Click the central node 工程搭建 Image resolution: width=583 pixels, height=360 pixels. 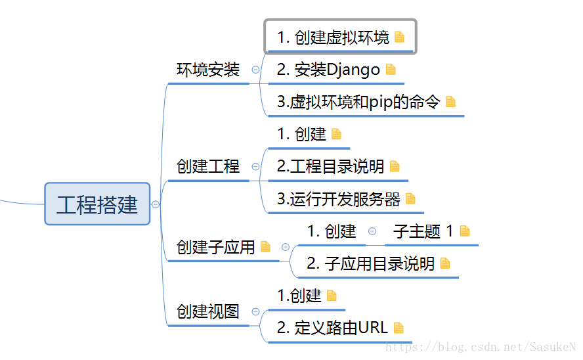click(x=97, y=204)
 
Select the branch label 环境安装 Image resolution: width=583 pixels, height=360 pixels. click(x=208, y=70)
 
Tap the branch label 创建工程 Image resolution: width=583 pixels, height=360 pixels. click(x=208, y=166)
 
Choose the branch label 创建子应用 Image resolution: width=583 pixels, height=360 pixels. click(x=215, y=247)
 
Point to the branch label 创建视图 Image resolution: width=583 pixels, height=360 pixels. click(x=208, y=311)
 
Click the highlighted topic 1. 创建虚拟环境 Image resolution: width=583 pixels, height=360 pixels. click(x=334, y=37)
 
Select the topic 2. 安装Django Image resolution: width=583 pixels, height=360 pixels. click(x=328, y=70)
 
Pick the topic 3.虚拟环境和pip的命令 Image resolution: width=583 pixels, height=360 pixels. click(x=358, y=102)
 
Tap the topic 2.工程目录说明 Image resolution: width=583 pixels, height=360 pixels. click(x=330, y=166)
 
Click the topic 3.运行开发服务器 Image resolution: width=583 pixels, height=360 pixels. click(x=338, y=199)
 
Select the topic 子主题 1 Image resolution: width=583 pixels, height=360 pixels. click(x=423, y=231)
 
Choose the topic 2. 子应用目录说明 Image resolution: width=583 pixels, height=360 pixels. click(x=370, y=263)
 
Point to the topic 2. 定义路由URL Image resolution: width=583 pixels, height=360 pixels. click(x=332, y=327)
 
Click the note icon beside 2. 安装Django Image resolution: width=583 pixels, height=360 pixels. click(x=391, y=69)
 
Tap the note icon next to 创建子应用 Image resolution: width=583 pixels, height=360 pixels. click(x=265, y=247)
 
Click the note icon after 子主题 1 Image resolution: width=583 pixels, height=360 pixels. click(x=465, y=231)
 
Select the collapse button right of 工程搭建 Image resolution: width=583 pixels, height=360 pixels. click(x=156, y=204)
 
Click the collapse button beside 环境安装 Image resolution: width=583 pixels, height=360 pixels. click(x=255, y=70)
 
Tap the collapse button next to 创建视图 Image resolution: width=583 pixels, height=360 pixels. click(x=255, y=312)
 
